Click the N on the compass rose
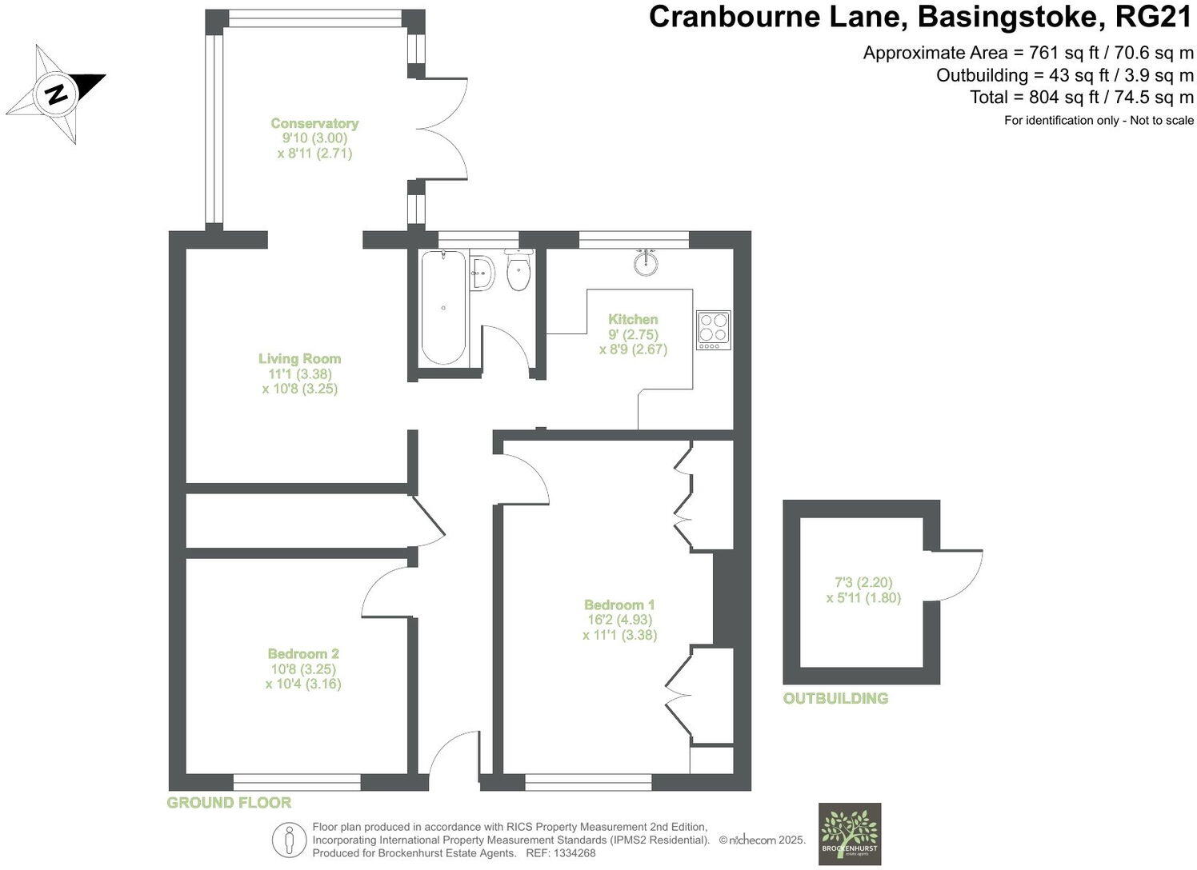[57, 94]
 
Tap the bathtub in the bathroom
[443, 308]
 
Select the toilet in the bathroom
[518, 270]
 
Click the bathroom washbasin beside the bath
[482, 273]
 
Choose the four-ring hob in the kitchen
[714, 329]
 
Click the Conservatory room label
[314, 123]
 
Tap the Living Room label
[299, 358]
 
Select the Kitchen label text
[633, 319]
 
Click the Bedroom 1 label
[619, 605]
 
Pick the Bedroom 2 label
[303, 653]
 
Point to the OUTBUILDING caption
[835, 698]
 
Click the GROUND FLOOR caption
[229, 802]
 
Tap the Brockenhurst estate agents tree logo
[850, 834]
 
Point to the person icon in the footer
[289, 840]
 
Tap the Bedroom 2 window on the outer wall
[297, 782]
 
